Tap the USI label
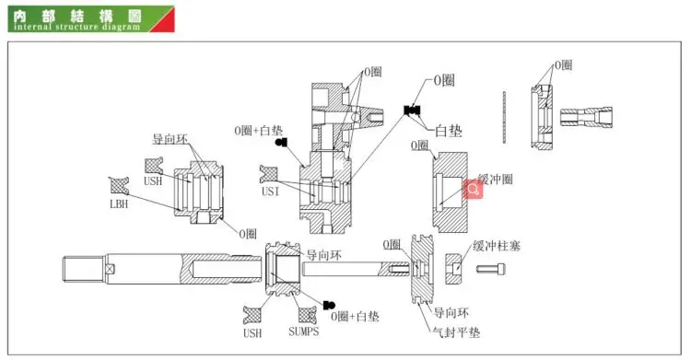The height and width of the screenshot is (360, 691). click(x=270, y=192)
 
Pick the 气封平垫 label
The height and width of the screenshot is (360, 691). click(x=456, y=331)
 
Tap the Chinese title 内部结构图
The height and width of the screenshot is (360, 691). click(x=47, y=14)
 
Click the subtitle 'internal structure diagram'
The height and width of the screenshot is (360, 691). click(x=77, y=27)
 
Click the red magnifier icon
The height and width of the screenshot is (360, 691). click(x=473, y=190)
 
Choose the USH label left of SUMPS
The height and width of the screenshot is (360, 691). click(x=253, y=331)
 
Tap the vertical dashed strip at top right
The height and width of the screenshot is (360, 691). click(x=507, y=117)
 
